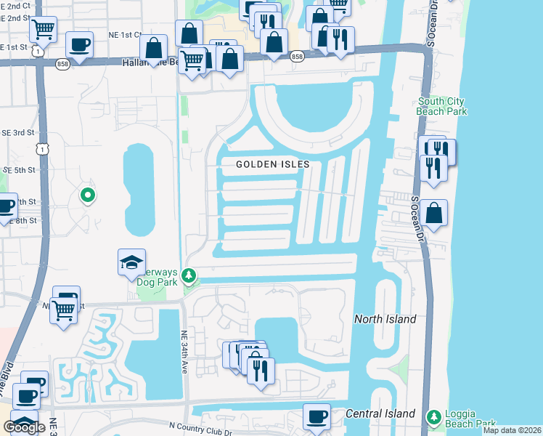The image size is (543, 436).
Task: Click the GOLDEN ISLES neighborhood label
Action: point(273,164)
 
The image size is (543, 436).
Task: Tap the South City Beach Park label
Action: point(441,106)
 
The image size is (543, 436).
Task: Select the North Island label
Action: point(385,319)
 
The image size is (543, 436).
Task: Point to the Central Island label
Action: point(380,413)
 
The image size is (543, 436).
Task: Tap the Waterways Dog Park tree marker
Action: point(189,275)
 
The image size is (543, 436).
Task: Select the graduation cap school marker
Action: point(131,262)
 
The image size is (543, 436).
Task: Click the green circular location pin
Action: point(88,195)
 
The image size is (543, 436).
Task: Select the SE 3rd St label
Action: point(20,132)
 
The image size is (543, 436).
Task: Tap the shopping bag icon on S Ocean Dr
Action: point(433,213)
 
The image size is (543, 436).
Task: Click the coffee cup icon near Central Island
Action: point(317,416)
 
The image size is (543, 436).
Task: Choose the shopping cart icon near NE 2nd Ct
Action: point(44,29)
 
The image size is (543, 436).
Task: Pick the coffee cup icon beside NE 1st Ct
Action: point(79,44)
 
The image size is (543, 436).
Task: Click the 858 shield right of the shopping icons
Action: point(296,56)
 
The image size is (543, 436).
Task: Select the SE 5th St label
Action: point(20,169)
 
